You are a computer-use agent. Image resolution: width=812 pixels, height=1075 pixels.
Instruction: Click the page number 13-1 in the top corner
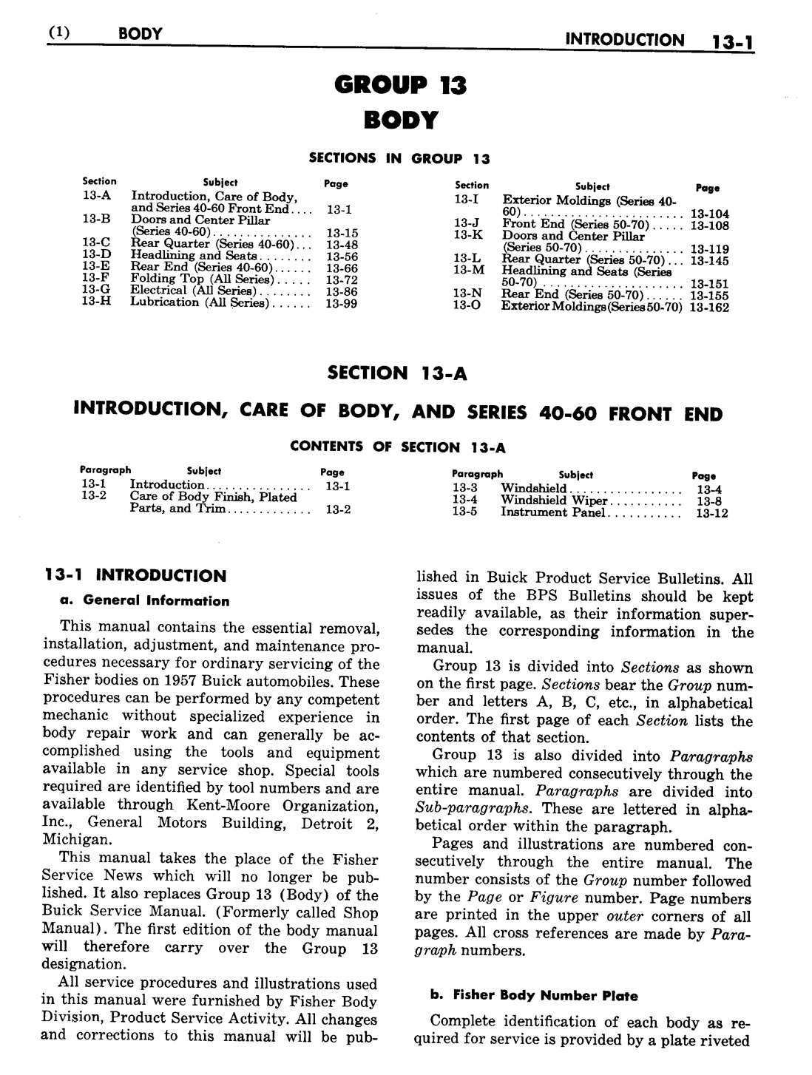point(728,41)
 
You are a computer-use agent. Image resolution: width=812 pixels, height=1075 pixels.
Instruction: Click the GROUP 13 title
point(400,86)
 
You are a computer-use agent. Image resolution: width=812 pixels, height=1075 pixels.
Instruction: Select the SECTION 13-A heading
point(397,373)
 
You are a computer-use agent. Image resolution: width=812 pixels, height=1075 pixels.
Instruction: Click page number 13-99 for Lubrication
point(341,303)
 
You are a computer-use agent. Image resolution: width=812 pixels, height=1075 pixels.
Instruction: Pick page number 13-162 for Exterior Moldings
point(708,308)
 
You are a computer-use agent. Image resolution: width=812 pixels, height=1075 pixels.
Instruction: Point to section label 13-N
point(467,294)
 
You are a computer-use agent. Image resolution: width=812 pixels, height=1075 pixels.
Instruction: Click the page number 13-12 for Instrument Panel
point(711,513)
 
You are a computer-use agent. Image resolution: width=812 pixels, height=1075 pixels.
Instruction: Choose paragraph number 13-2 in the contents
point(94,496)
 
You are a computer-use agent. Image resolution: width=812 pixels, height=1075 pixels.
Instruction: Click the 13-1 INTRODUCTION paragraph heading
point(135,575)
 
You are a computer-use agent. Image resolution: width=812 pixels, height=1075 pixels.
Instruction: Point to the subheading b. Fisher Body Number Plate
point(534,995)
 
